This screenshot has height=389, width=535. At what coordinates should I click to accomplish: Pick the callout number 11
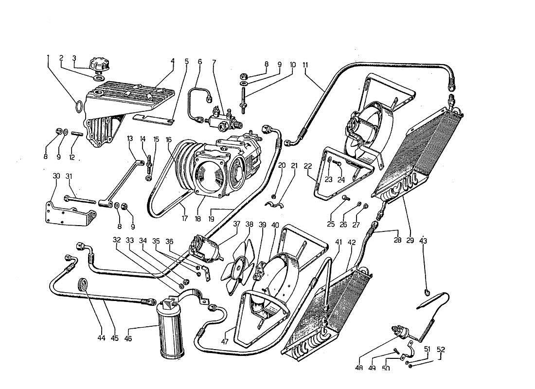(305, 65)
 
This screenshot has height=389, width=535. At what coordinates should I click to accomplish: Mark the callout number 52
(441, 349)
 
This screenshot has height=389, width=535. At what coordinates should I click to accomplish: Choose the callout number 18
(197, 219)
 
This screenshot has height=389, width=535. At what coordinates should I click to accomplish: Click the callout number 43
(423, 240)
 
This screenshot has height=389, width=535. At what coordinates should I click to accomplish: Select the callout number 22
(307, 166)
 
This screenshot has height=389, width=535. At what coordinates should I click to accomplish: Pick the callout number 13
(130, 139)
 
